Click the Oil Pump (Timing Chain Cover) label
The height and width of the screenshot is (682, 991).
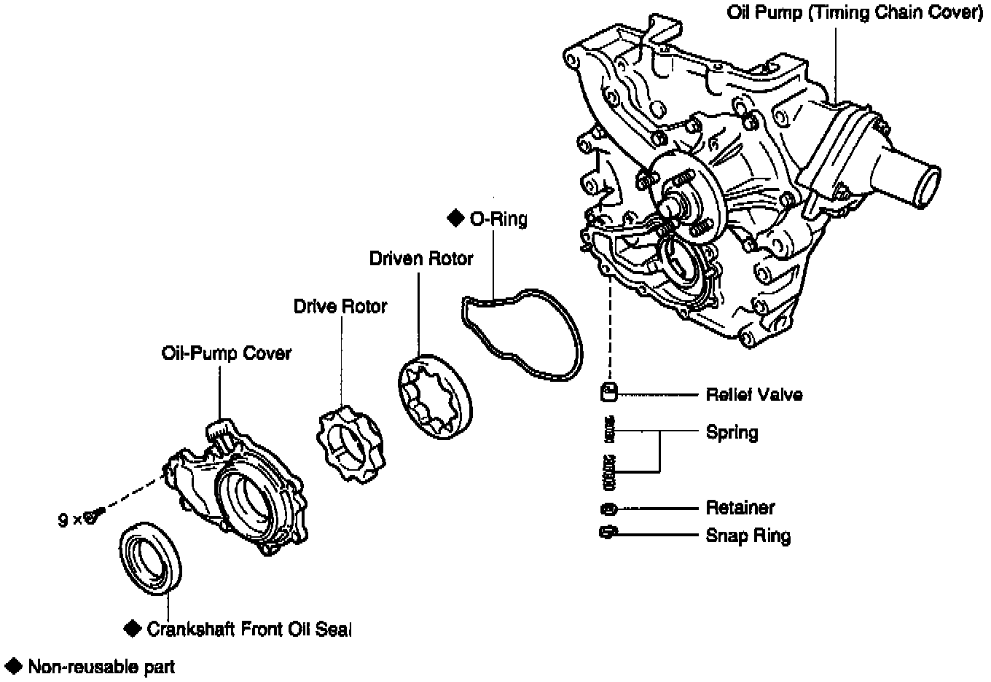[x=855, y=14]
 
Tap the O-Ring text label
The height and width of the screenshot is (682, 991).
[x=498, y=219]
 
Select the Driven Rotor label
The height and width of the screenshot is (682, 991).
[x=420, y=259]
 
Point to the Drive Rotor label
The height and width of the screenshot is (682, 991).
[x=340, y=306]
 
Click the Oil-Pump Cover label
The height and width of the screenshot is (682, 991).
[x=226, y=353]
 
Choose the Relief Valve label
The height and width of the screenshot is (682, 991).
[x=754, y=395]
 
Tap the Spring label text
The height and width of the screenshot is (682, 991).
[x=732, y=432]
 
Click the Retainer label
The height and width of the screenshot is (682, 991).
[x=740, y=508]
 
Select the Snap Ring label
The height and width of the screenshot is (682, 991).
[x=748, y=536]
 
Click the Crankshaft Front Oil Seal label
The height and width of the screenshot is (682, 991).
[x=248, y=629]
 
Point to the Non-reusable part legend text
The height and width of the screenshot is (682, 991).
[x=101, y=666]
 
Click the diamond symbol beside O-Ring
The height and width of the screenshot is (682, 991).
[x=455, y=218]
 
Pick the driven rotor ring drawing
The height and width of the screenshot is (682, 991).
[x=434, y=397]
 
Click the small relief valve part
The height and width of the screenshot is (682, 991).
[x=608, y=393]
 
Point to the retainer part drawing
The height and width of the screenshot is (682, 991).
[x=608, y=508]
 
